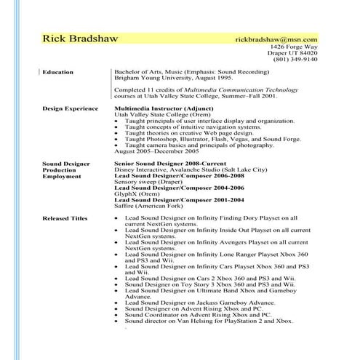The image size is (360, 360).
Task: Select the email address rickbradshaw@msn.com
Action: pos(277,39)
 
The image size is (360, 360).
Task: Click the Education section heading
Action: pos(57,72)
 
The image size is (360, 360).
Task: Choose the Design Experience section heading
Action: pos(70,108)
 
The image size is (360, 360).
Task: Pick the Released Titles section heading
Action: pos(65,217)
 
